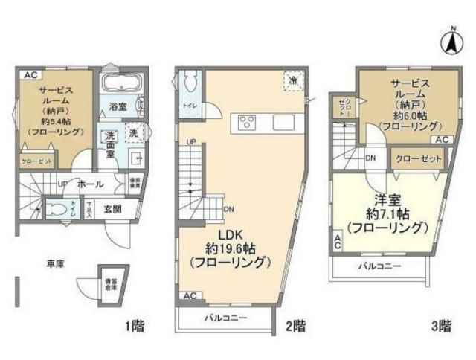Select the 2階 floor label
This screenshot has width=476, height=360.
[295, 326]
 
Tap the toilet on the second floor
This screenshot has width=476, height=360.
[189, 82]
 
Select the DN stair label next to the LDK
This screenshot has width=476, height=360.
[228, 209]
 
